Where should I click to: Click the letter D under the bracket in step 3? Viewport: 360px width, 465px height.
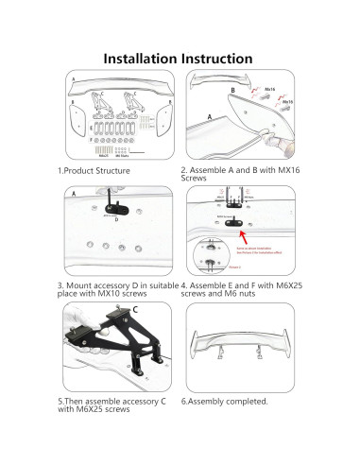(116, 219)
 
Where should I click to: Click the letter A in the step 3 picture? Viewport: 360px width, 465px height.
(74, 193)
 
